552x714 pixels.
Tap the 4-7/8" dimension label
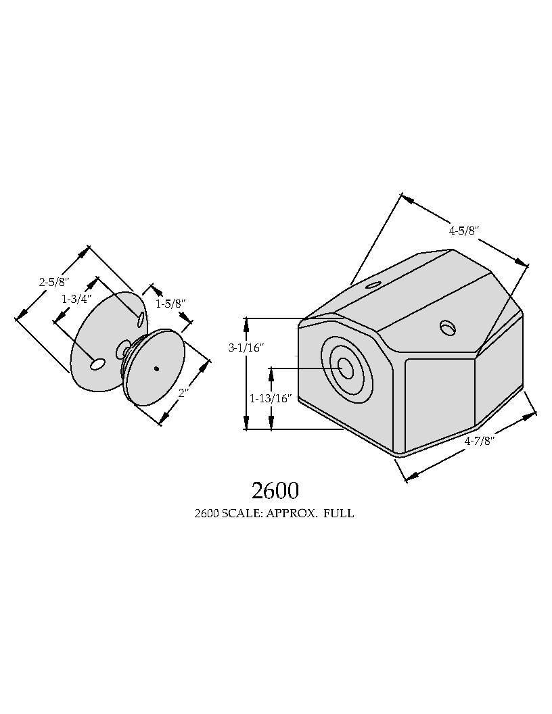point(480,441)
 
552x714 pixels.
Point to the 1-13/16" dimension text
point(271,398)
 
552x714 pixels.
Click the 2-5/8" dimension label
point(53,282)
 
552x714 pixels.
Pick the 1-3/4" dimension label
point(77,298)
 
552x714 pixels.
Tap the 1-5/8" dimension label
point(170,304)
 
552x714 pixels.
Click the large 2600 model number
point(275,490)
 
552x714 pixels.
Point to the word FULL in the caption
point(339,513)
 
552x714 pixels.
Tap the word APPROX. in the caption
point(291,513)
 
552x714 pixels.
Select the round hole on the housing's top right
point(448,327)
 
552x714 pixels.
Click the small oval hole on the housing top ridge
point(373,285)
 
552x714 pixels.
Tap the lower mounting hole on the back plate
point(98,364)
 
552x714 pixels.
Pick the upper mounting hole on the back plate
point(141,319)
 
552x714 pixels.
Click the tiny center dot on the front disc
point(157,369)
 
